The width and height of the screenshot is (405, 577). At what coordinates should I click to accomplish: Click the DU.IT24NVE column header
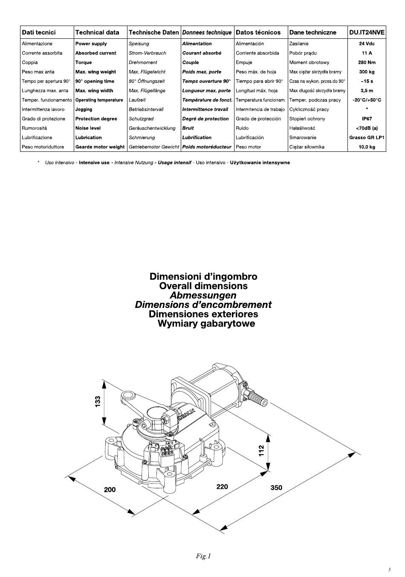pyautogui.click(x=367, y=32)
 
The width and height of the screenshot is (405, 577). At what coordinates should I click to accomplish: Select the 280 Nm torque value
pyautogui.click(x=367, y=62)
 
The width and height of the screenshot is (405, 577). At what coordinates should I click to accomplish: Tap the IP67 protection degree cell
pyautogui.click(x=367, y=119)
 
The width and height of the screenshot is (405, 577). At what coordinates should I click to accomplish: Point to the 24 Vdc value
pyautogui.click(x=367, y=43)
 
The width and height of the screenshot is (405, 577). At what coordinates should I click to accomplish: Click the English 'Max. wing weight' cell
pyautogui.click(x=95, y=72)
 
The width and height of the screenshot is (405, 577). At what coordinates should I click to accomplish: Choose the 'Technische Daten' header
pyautogui.click(x=153, y=32)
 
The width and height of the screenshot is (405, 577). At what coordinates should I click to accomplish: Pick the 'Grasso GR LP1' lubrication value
pyautogui.click(x=367, y=138)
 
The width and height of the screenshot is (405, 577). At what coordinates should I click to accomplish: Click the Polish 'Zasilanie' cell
pyautogui.click(x=299, y=43)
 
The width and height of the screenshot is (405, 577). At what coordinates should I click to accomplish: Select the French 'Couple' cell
pyautogui.click(x=191, y=62)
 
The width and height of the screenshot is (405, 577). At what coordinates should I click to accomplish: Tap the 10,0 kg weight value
pyautogui.click(x=367, y=147)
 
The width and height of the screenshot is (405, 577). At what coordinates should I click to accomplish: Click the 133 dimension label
pyautogui.click(x=98, y=401)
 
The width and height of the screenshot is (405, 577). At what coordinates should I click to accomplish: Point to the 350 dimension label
pyautogui.click(x=276, y=487)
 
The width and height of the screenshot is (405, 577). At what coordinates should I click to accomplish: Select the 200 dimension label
pyautogui.click(x=110, y=489)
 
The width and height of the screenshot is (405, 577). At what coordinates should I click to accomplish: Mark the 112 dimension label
pyautogui.click(x=261, y=450)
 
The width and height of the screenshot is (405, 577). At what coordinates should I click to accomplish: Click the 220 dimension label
pyautogui.click(x=222, y=486)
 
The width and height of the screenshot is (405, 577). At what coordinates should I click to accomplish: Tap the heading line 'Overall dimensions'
pyautogui.click(x=203, y=286)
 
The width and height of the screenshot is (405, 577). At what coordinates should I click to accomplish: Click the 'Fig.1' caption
pyautogui.click(x=203, y=556)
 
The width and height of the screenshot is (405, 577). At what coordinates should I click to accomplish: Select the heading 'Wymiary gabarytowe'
pyautogui.click(x=206, y=323)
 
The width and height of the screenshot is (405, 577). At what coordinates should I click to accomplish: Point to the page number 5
pyautogui.click(x=389, y=569)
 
